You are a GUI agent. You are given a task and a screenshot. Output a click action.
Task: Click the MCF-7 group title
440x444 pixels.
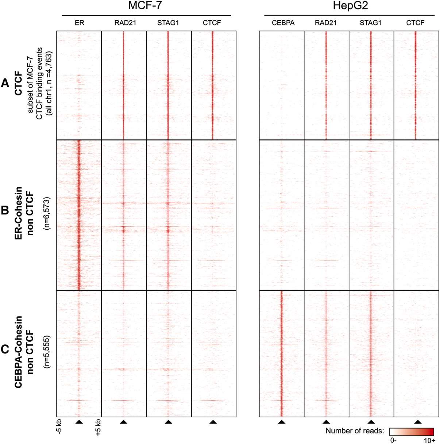coord(145,7)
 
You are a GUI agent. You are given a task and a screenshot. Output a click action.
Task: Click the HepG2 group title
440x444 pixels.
coord(350,7)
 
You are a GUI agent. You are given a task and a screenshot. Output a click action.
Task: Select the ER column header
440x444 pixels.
coord(79,23)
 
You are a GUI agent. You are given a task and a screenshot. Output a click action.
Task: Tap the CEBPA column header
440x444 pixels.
coord(283,23)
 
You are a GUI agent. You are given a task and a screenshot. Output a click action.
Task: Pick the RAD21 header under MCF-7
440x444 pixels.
coord(125,23)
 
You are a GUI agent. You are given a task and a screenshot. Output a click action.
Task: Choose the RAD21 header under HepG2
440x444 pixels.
coord(325,23)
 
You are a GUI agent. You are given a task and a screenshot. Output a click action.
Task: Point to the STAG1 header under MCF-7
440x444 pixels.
coord(168,23)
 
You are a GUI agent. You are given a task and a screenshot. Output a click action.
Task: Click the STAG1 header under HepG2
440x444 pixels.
coord(370,23)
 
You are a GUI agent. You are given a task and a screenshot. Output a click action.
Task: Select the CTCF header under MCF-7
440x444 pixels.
coord(212,23)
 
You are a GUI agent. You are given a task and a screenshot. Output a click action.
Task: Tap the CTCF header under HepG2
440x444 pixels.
coord(415,23)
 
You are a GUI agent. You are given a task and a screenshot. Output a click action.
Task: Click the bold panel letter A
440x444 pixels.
coord(5,84)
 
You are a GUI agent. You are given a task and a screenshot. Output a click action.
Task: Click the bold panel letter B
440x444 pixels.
coord(5,211)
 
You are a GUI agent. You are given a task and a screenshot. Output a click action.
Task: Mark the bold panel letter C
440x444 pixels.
coord(5,349)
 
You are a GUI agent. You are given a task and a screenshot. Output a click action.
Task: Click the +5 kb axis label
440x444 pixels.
coord(98,428)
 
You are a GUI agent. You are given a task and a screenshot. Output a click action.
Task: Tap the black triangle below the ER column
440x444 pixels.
coord(79,422)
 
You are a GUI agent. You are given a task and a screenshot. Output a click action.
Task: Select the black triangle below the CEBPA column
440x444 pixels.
coord(281,422)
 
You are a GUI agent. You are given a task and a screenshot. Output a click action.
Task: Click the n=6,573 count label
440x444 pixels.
coord(47,213)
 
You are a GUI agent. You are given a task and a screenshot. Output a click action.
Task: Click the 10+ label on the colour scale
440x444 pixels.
coord(429,440)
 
